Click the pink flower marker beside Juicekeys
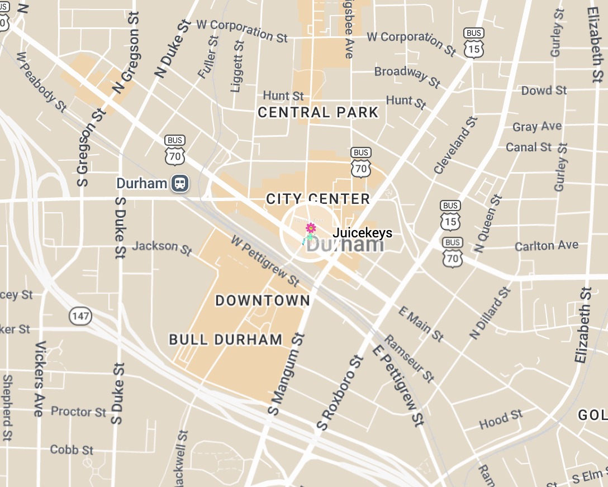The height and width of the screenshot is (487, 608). coord(311,228)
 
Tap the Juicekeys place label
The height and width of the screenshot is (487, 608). coord(363,233)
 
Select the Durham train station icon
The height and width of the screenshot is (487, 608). coord(179,183)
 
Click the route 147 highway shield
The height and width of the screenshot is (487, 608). coord(80,316)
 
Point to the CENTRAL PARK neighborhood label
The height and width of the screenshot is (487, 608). coord(318,112)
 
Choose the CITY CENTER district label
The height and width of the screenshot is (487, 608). coord(318,199)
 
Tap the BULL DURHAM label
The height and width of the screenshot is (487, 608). coord(226,340)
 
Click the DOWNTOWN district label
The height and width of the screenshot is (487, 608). coord(263,300)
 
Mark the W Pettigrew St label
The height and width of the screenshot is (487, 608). coord(265,259)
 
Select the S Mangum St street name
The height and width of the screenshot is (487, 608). coord(286,374)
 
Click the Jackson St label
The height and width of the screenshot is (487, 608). coord(162,247)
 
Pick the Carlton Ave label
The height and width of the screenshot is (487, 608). coord(547,246)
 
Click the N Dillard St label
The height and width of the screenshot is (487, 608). coord(491,313)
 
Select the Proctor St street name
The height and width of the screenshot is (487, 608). coord(78,412)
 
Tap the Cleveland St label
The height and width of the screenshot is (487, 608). coord(455,145)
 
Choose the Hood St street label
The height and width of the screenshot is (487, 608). coord(501,419)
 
